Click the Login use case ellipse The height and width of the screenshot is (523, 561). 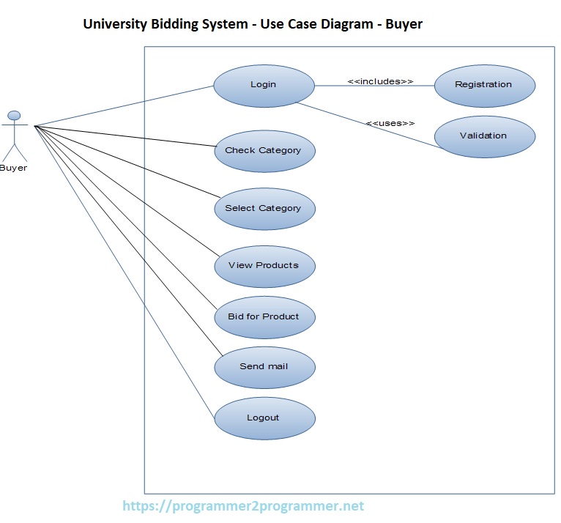[264, 85]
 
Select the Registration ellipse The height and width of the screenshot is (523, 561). [484, 85]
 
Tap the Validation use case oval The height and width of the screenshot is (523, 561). [484, 136]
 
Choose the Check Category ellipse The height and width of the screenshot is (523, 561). [264, 151]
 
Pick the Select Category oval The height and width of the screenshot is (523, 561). [264, 209]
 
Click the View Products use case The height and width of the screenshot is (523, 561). [264, 266]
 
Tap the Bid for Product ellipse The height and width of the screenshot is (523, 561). [264, 317]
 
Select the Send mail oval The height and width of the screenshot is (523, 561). [264, 367]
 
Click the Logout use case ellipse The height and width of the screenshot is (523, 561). [264, 418]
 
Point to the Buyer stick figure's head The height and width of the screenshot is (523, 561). [14, 115]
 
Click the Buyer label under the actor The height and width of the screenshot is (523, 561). [13, 168]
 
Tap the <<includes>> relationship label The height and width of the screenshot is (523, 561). [380, 81]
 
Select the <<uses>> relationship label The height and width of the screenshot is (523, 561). [390, 123]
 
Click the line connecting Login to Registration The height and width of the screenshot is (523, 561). [374, 86]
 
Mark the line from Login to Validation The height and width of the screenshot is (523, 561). [366, 125]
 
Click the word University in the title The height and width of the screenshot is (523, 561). [116, 24]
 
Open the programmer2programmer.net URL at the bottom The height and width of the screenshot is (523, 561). [242, 506]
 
